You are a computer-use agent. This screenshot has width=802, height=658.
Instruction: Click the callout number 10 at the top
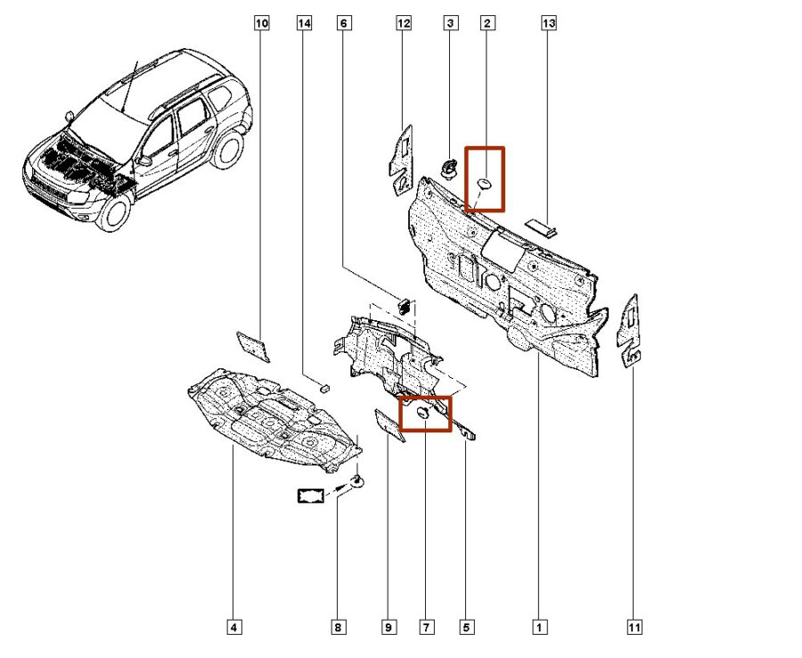point(261,24)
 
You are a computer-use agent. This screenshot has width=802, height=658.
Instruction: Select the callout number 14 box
point(305,24)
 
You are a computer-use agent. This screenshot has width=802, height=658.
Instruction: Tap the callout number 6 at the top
point(343,24)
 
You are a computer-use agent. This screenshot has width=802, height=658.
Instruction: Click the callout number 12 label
point(404,24)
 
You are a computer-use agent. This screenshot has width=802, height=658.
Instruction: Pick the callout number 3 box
point(450,24)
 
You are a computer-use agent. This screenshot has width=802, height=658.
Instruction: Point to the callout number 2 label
point(487,24)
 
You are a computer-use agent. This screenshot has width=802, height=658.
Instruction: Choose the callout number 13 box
point(548,24)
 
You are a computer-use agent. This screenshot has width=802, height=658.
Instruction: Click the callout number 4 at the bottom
point(233,628)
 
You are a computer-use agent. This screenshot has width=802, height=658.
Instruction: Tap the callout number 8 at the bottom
point(338,628)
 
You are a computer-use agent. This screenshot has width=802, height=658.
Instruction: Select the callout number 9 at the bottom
point(389,628)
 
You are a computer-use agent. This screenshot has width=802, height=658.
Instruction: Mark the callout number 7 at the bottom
point(427,628)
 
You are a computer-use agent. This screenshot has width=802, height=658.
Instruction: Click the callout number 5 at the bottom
point(466,628)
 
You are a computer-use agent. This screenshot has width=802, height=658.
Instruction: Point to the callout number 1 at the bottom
point(539,628)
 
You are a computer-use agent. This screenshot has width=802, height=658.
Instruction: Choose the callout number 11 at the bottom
point(634,628)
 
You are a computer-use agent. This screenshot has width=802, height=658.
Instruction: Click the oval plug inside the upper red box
point(485,183)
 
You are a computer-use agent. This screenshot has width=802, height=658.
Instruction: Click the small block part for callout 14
point(324,387)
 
